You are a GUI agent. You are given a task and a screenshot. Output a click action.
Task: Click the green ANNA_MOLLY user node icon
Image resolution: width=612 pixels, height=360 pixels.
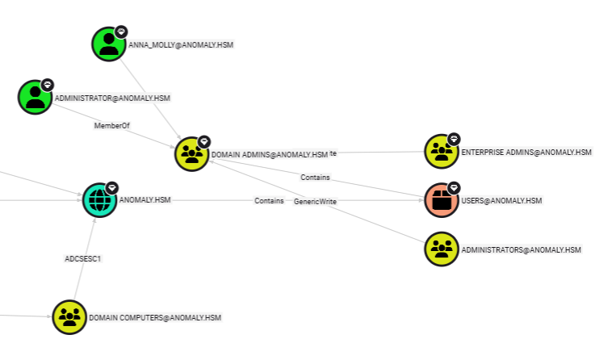pyautogui.click(x=108, y=44)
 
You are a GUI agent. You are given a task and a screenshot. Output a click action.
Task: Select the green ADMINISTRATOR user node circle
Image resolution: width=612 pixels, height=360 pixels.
pyautogui.click(x=35, y=97)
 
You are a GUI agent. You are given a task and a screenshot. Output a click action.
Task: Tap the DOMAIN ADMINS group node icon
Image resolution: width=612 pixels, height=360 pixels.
pyautogui.click(x=192, y=154)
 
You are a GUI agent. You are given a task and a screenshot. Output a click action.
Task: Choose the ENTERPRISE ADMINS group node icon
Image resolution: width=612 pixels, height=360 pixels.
pyautogui.click(x=442, y=151)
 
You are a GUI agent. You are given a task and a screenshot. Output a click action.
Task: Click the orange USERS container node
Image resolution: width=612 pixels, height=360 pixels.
pyautogui.click(x=442, y=200)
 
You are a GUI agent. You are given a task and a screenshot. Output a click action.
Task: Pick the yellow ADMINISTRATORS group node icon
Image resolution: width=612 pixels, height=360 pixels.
pyautogui.click(x=442, y=249)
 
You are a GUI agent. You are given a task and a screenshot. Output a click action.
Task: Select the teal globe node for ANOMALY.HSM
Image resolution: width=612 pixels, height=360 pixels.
pyautogui.click(x=100, y=199)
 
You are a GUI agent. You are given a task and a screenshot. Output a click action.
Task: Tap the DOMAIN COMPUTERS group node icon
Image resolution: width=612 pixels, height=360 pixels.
pyautogui.click(x=69, y=317)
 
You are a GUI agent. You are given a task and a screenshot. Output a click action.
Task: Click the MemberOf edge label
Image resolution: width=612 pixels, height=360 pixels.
pyautogui.click(x=111, y=126)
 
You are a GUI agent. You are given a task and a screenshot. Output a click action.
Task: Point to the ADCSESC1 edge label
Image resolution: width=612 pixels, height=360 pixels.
pyautogui.click(x=82, y=259)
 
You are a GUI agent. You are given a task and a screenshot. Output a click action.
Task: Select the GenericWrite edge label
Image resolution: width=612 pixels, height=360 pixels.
pyautogui.click(x=315, y=201)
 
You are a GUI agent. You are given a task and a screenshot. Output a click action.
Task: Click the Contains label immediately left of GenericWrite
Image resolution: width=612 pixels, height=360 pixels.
pyautogui.click(x=269, y=201)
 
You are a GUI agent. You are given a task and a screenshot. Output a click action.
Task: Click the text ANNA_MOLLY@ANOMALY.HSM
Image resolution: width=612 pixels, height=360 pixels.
pyautogui.click(x=181, y=44)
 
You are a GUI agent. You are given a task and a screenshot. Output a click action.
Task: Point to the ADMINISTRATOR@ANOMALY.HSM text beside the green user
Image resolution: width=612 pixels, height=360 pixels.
pyautogui.click(x=112, y=98)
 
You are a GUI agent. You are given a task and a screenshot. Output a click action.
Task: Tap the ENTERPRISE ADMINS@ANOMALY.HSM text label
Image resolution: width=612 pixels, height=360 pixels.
pyautogui.click(x=526, y=152)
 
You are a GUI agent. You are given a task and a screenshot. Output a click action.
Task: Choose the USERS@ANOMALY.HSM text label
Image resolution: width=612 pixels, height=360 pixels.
pyautogui.click(x=501, y=201)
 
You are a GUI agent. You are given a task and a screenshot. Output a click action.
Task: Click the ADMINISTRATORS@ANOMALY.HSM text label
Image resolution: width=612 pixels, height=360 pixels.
pyautogui.click(x=521, y=250)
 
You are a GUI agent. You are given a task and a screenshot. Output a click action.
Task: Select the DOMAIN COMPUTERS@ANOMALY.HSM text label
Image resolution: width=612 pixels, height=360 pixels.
pyautogui.click(x=154, y=318)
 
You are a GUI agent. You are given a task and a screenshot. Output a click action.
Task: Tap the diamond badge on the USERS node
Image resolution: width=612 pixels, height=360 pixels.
pyautogui.click(x=454, y=188)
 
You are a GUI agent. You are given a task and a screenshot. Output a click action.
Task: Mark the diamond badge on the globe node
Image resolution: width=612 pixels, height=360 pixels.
pyautogui.click(x=112, y=187)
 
